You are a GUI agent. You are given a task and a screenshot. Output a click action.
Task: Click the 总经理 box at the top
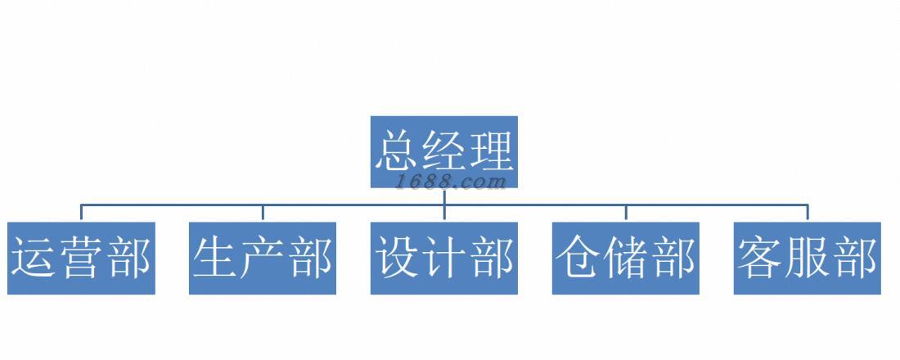click(x=443, y=151)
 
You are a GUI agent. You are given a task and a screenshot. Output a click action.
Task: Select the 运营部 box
click(x=81, y=258)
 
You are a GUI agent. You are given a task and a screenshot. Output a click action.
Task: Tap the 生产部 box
click(x=263, y=258)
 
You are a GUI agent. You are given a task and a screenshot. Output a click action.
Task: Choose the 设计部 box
click(x=443, y=258)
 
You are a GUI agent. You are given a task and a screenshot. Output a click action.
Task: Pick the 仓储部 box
click(x=626, y=258)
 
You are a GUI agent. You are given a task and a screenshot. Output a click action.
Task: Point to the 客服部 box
click(x=807, y=258)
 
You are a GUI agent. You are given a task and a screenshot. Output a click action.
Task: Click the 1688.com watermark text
click(x=452, y=182)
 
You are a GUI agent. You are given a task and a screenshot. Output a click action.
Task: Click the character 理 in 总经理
click(x=490, y=151)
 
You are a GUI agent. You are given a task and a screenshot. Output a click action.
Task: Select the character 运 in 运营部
click(x=34, y=258)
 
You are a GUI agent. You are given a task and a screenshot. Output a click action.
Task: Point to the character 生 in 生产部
click(x=216, y=258)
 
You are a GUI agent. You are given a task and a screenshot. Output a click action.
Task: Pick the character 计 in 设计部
click(x=443, y=258)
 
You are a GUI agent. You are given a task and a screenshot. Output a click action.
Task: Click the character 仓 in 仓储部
click(x=578, y=258)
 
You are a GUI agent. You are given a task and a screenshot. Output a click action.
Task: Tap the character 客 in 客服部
click(x=760, y=258)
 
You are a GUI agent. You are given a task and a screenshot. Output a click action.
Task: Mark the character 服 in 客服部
click(x=807, y=258)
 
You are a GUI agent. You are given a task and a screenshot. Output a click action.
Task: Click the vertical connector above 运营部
click(x=81, y=213)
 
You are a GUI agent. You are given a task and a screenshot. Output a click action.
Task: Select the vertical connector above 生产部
click(x=263, y=213)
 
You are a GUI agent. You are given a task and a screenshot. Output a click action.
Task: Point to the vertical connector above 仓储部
click(x=626, y=213)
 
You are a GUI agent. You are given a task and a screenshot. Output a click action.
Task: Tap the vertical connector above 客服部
click(x=807, y=213)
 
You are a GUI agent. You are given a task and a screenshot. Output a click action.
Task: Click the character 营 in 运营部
click(x=80, y=258)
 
